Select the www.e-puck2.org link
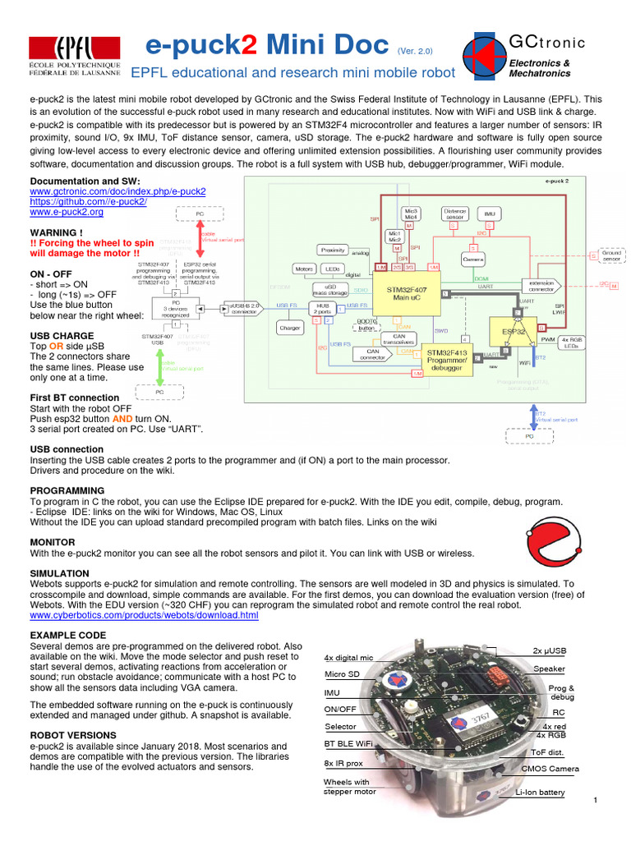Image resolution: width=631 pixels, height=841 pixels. pos(67,212)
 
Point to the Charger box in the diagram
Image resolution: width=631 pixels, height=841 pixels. pos(289,328)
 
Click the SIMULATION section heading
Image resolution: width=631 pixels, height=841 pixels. pos(60,572)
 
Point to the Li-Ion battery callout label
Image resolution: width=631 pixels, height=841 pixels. pos(540,792)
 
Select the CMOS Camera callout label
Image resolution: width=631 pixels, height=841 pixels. pos(550,770)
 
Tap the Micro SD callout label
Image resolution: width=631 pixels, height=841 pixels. pos(342,674)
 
